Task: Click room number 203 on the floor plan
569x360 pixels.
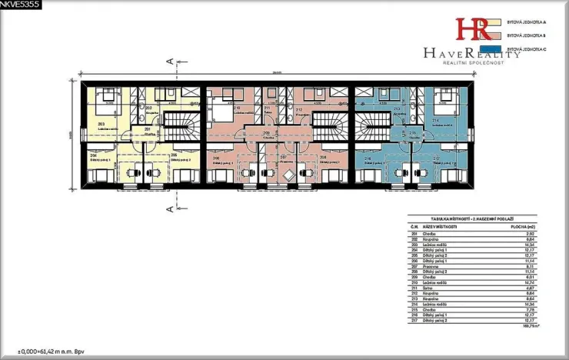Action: coord(101,122)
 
